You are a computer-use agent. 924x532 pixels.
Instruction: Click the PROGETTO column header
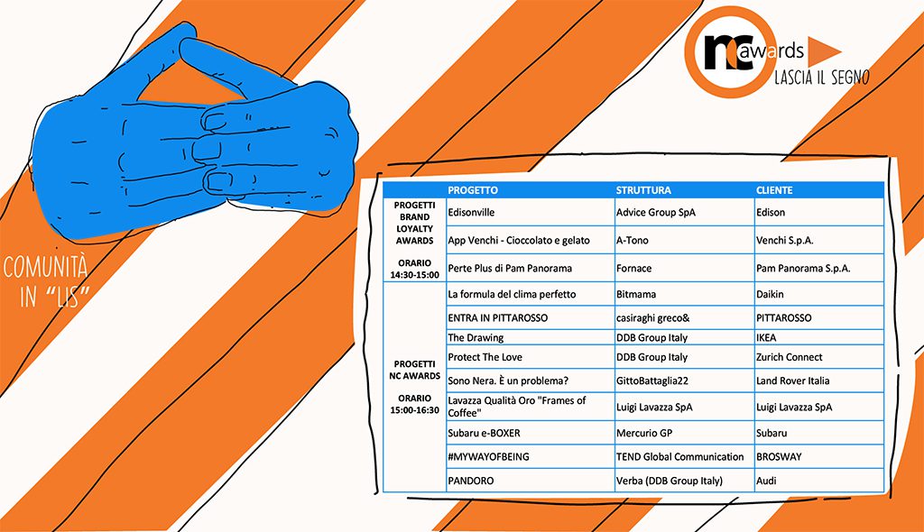tap(473, 190)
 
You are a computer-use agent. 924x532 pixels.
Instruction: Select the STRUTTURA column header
tap(643, 190)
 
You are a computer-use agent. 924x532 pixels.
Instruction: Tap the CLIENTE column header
tap(774, 190)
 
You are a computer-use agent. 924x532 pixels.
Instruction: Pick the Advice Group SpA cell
tap(656, 213)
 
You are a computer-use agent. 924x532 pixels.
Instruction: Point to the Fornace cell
tap(633, 269)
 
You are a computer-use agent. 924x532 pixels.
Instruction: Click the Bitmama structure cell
tap(636, 294)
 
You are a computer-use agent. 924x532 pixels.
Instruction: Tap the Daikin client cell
tap(771, 294)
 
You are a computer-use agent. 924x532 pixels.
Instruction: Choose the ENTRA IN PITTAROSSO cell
tap(497, 318)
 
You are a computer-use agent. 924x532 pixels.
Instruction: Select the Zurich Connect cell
tap(790, 358)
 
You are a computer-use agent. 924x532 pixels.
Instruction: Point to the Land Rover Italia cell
tap(793, 381)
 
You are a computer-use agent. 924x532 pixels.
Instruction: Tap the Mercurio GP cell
tap(645, 434)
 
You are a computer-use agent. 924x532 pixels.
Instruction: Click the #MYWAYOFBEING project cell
tap(488, 457)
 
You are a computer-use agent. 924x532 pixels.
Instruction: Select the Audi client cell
tap(767, 482)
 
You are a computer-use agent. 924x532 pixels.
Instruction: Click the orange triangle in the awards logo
tap(823, 51)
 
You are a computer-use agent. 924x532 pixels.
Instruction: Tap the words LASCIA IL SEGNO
tap(821, 78)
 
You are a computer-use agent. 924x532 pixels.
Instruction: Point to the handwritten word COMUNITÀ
tap(45, 268)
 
